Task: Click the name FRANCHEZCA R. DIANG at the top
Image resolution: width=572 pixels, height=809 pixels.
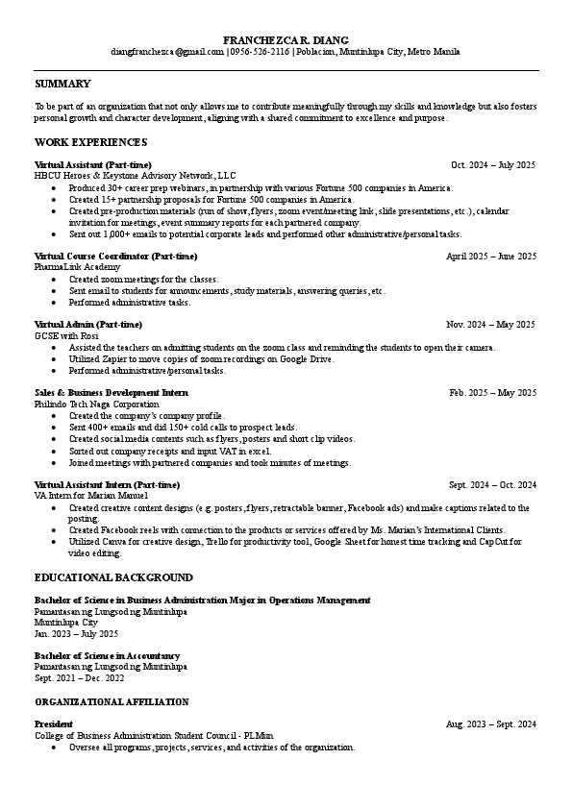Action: click(286, 38)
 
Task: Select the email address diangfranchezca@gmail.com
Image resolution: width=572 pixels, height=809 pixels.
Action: click(166, 51)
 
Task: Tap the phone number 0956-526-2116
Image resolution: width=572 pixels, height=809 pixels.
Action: click(259, 51)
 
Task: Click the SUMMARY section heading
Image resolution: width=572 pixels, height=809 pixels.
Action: click(62, 84)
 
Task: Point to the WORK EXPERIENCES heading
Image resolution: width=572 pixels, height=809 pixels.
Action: click(90, 142)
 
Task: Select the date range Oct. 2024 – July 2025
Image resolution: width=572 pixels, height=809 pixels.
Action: click(493, 165)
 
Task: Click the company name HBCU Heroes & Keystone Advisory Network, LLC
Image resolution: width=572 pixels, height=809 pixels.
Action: click(135, 176)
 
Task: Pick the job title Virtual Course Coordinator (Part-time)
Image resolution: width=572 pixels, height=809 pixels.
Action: click(115, 257)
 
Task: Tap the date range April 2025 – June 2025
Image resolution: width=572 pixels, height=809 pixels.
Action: click(491, 257)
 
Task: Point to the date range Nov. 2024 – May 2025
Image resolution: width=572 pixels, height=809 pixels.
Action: click(491, 325)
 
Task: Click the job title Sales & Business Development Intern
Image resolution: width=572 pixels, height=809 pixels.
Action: click(112, 393)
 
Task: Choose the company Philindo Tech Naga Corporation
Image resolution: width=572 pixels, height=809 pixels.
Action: click(97, 404)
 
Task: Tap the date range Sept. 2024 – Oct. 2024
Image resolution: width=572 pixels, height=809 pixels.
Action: click(492, 484)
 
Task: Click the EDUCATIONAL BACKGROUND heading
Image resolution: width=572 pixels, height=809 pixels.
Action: click(113, 577)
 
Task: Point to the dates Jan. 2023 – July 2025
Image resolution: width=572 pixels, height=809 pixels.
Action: click(76, 634)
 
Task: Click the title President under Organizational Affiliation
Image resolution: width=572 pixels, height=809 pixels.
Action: click(54, 723)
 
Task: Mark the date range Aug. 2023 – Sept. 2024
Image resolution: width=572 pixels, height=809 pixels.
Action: click(491, 723)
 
